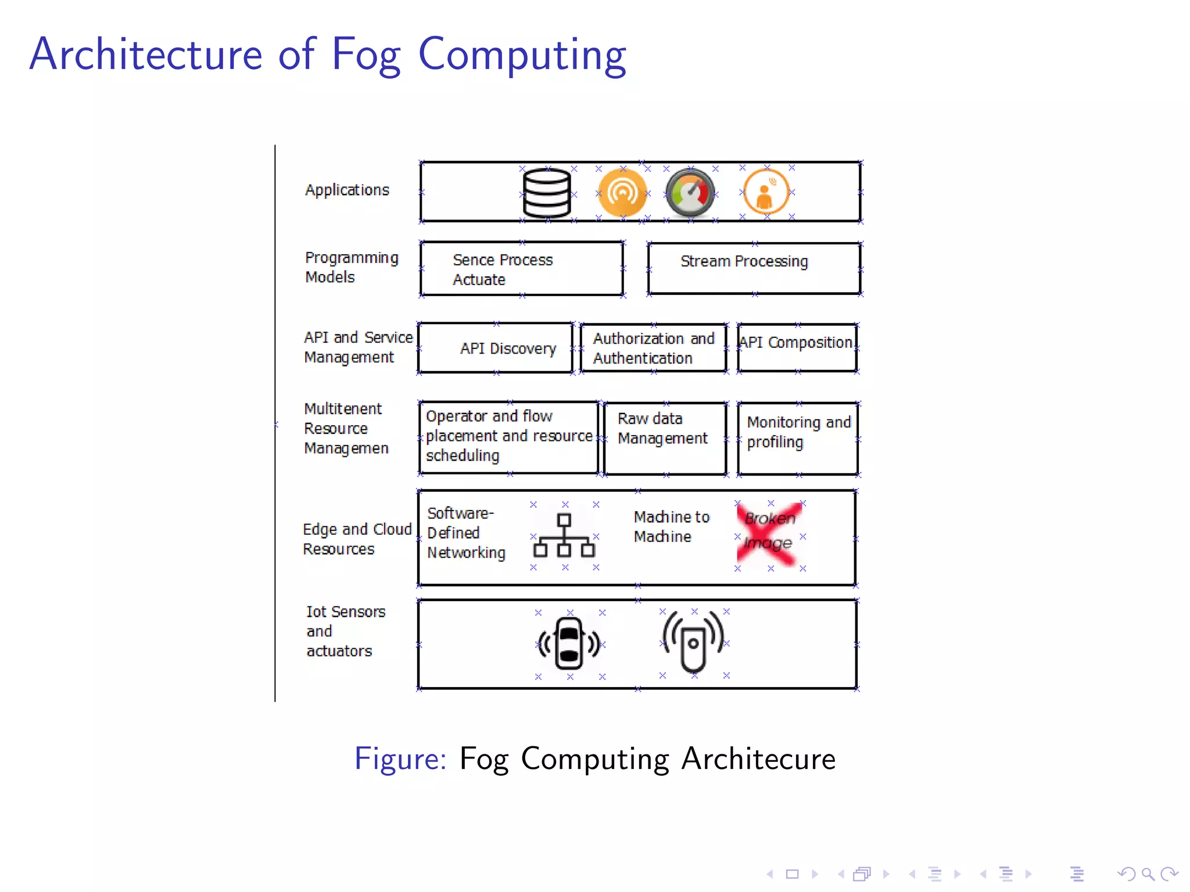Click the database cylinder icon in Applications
click(546, 193)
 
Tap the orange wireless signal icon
click(622, 193)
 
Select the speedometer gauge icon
click(690, 193)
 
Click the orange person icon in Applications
click(766, 192)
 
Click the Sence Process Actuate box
click(521, 269)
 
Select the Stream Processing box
click(754, 268)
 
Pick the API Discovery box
click(496, 348)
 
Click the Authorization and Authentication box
click(653, 348)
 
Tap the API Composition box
click(797, 347)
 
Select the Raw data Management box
click(665, 438)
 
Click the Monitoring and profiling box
click(797, 438)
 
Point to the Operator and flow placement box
click(508, 437)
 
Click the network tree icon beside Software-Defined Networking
click(564, 535)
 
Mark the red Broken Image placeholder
click(769, 534)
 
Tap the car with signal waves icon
click(569, 643)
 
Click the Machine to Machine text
click(671, 526)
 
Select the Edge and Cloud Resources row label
click(356, 539)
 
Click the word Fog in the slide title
click(365, 55)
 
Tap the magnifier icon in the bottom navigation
click(1148, 873)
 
